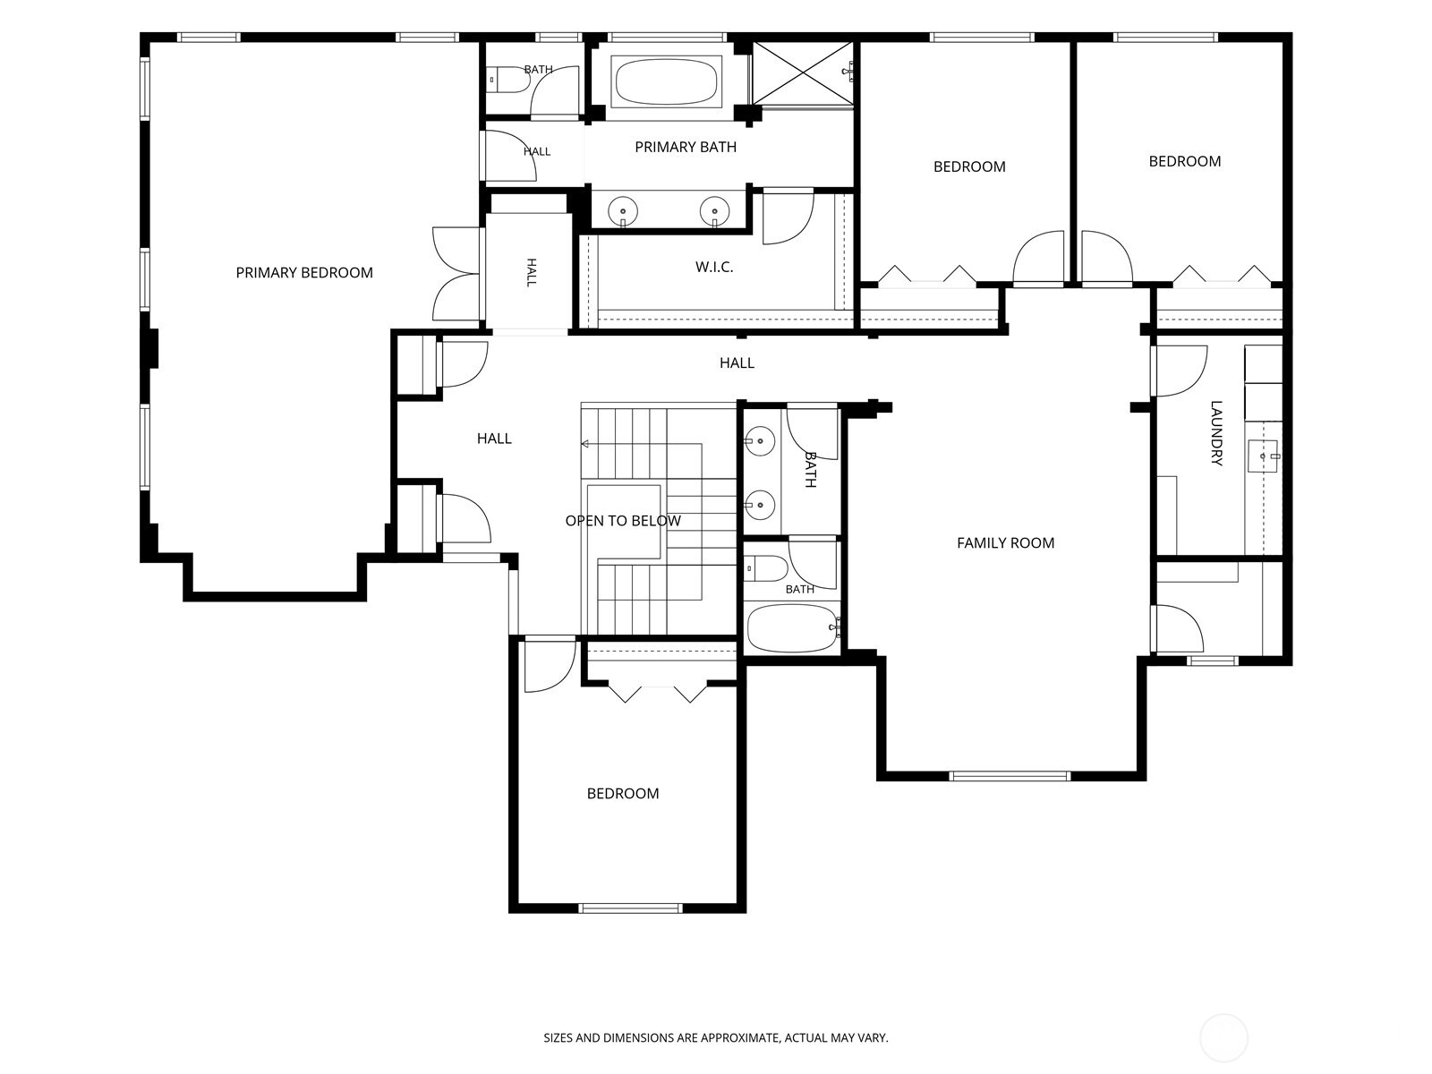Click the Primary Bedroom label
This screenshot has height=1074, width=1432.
[304, 273]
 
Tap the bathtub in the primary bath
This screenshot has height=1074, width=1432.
[666, 81]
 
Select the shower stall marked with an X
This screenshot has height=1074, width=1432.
[803, 73]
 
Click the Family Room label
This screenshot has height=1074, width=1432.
[1005, 542]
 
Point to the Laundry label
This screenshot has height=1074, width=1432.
[1216, 433]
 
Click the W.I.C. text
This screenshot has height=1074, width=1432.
[714, 267]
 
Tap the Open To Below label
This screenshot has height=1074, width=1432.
[623, 520]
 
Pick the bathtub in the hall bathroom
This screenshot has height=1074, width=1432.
[793, 628]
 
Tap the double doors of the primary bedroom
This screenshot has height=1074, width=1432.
[456, 274]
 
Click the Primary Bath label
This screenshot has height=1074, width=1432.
[686, 148]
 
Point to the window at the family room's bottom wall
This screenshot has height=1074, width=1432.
[1010, 776]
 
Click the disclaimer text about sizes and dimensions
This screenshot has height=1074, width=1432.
[716, 1036]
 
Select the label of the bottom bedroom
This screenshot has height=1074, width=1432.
[623, 794]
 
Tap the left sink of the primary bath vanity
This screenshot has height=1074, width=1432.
[623, 211]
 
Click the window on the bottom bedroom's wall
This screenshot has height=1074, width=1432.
[630, 908]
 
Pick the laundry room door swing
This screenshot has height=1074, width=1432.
[1180, 371]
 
